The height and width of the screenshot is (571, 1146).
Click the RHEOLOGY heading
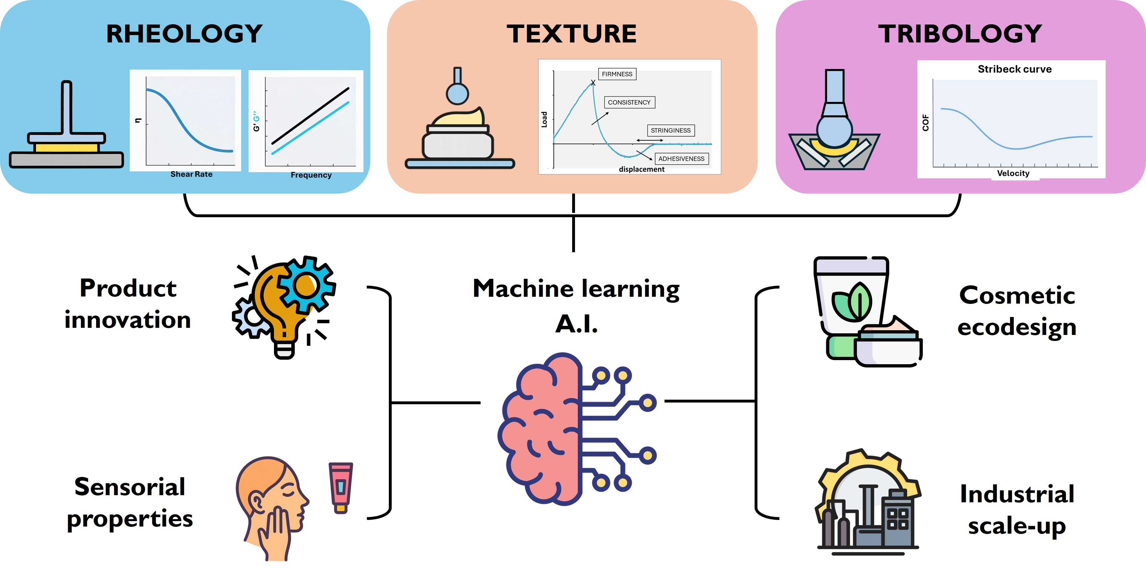(x=184, y=34)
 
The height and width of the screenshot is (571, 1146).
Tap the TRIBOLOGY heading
(x=960, y=34)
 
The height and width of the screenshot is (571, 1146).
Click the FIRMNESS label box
(x=617, y=74)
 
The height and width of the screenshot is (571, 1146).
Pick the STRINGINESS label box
(x=670, y=130)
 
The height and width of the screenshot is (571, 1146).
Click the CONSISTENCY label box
(x=629, y=102)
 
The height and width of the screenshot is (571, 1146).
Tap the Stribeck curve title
(x=1014, y=69)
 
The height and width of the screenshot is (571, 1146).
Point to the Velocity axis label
(x=1013, y=173)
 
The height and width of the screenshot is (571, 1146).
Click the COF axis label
(x=926, y=123)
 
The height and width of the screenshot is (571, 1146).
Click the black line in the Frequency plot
(x=310, y=116)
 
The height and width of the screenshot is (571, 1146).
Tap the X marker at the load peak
(x=593, y=83)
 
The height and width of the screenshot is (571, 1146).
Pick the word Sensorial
(x=129, y=487)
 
